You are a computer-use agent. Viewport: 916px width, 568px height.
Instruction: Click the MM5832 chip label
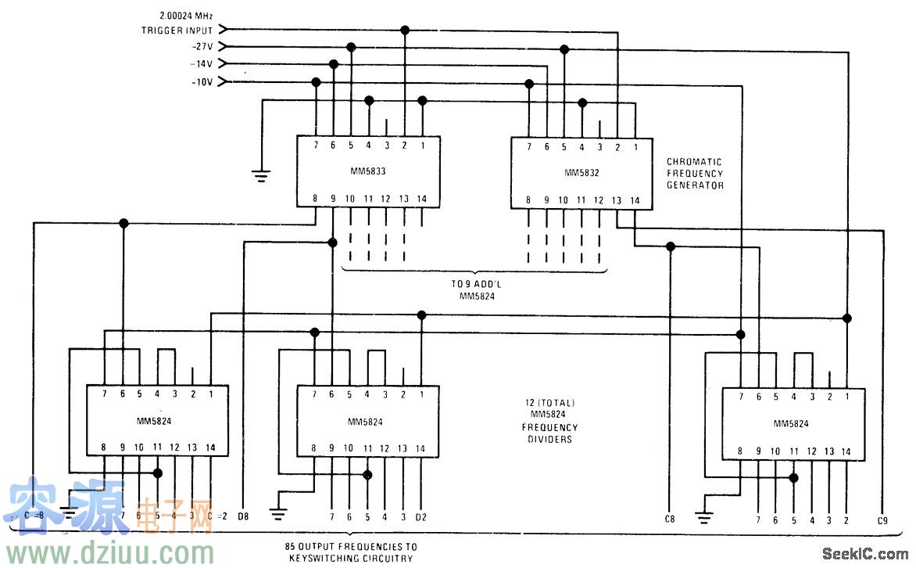(581, 171)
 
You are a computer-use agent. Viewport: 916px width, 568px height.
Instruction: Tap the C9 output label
(883, 519)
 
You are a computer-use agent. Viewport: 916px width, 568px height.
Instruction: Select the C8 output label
(669, 519)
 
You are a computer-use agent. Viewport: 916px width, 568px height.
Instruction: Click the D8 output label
(243, 516)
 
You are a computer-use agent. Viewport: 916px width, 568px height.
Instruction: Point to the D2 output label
(420, 517)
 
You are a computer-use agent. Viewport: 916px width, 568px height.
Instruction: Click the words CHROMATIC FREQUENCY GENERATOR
(695, 174)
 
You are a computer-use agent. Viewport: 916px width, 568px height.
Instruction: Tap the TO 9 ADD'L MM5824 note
(474, 290)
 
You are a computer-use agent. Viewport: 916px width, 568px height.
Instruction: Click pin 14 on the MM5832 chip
(635, 200)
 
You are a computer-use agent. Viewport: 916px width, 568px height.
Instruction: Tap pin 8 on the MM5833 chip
(316, 199)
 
